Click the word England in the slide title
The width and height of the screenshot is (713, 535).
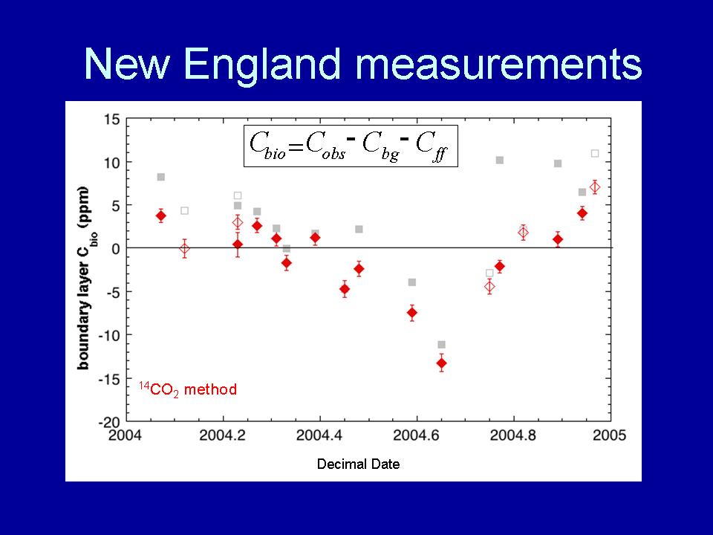262,65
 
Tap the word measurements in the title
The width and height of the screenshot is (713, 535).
498,64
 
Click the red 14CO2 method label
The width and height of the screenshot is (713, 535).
188,389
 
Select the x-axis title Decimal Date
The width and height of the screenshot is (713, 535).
358,464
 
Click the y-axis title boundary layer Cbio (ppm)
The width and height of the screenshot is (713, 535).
85,277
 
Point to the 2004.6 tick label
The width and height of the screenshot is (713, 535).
416,435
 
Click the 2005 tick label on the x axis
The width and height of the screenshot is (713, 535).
609,435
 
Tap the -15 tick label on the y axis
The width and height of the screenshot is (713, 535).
109,378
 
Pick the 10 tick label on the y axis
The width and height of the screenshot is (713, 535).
112,163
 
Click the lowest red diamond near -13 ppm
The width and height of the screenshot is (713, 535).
441,363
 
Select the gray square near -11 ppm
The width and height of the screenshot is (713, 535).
441,345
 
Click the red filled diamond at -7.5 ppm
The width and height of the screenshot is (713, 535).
412,313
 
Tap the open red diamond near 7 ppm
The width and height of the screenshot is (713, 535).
595,187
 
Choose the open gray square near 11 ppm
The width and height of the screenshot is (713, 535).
595,153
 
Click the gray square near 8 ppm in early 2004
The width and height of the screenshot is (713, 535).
161,177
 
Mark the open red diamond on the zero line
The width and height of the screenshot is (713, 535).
184,249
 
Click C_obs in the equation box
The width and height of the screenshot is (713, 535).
325,146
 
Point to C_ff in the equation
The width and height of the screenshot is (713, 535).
432,146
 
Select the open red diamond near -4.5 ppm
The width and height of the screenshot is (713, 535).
489,287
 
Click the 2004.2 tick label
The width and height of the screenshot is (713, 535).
222,435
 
